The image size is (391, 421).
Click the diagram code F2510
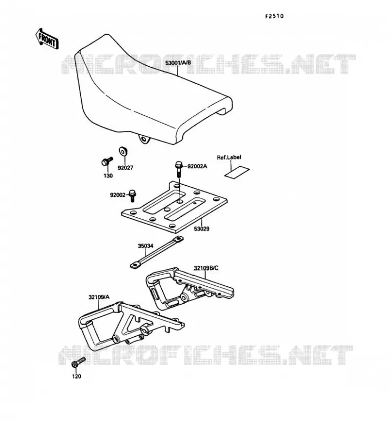tap(275, 16)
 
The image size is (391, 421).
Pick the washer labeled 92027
tap(123, 151)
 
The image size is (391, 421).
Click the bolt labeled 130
tap(107, 161)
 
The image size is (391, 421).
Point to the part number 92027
tap(125, 168)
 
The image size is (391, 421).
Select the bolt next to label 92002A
tap(179, 168)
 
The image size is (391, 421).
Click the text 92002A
tap(197, 166)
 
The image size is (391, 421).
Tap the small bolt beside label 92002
tap(132, 195)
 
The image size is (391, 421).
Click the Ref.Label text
tap(229, 157)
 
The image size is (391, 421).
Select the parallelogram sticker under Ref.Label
tap(237, 172)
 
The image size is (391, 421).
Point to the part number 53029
tap(201, 229)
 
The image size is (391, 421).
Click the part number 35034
tap(145, 246)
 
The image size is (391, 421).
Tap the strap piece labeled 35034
tap(157, 252)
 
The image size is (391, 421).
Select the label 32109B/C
tap(206, 268)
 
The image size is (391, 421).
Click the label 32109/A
tap(99, 297)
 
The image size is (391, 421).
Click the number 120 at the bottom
tap(76, 376)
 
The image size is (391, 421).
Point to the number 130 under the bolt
tap(108, 176)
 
